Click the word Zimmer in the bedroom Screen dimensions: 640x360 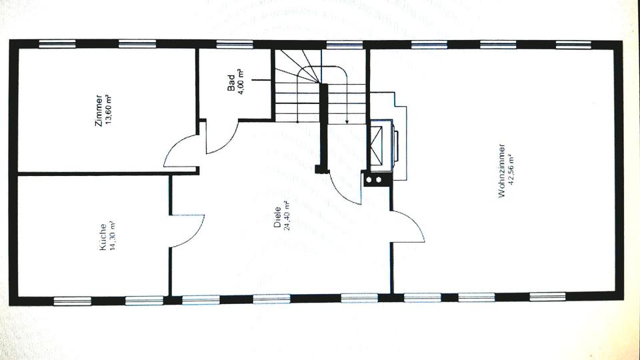(99, 110)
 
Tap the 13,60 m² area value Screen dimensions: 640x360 (108, 110)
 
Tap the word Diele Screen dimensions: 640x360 (277, 218)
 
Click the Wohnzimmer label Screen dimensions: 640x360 (501, 171)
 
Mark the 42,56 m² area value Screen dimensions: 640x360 (511, 171)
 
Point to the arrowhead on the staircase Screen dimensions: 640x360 (347, 122)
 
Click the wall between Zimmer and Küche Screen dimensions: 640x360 (107, 173)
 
